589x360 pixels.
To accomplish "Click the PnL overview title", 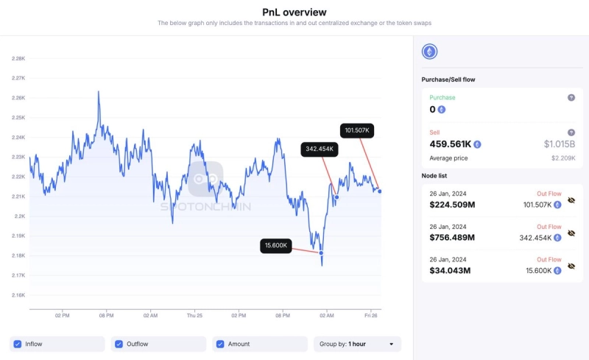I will (294, 12).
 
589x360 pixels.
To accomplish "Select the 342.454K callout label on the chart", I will (320, 149).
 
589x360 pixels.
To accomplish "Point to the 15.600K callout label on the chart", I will (276, 245).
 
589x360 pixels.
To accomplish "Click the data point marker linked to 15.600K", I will (321, 253).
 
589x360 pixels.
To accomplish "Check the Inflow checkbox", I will (18, 344).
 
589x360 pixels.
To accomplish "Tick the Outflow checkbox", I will (119, 344).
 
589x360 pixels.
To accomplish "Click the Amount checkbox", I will (221, 344).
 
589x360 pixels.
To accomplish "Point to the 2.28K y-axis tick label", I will (18, 58).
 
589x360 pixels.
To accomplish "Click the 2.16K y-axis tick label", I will (18, 295).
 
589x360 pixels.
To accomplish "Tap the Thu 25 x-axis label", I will (195, 315).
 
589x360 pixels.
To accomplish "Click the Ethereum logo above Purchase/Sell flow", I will (429, 52).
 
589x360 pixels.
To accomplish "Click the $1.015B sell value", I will (560, 144).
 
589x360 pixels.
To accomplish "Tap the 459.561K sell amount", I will (450, 144).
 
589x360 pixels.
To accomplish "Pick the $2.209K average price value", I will (563, 158).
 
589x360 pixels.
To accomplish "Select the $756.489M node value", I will (452, 237).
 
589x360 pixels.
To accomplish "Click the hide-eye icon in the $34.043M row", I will (571, 267).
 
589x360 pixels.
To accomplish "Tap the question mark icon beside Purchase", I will (571, 98).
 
